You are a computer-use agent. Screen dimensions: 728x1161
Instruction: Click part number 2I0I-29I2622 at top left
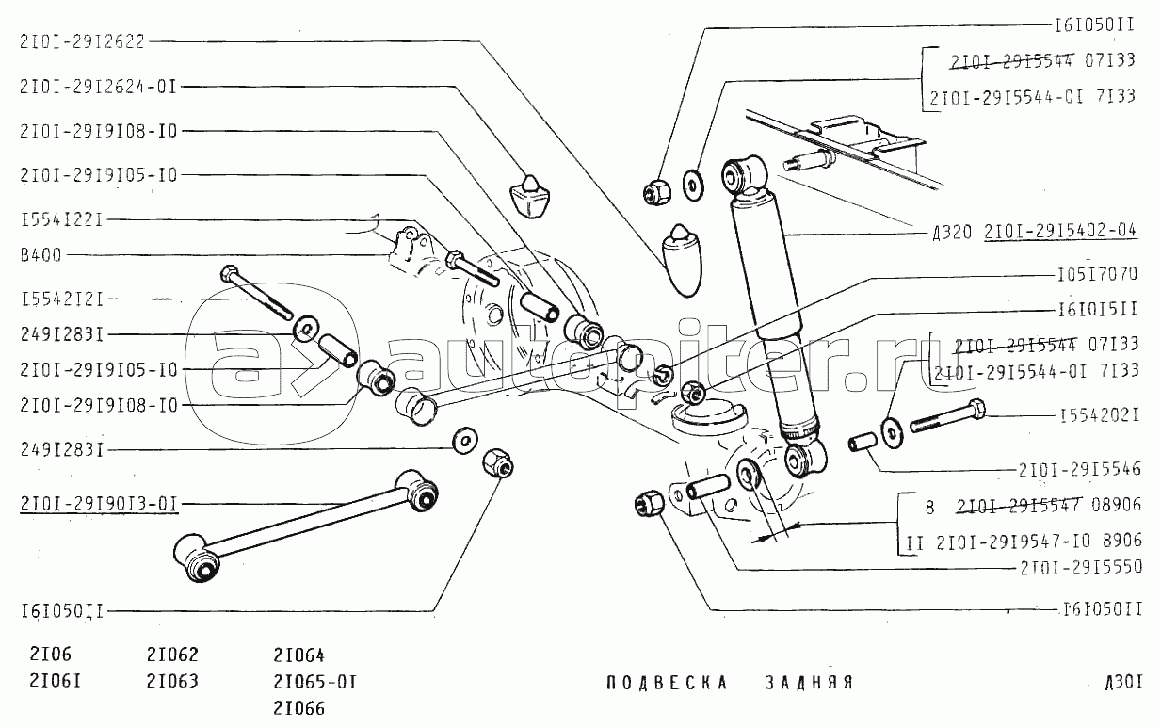(x=81, y=40)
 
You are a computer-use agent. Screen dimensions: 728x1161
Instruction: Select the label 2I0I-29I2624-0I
(x=97, y=86)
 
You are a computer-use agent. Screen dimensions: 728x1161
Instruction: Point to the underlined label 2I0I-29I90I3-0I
(x=97, y=502)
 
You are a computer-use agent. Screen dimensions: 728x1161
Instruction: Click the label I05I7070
(x=1095, y=274)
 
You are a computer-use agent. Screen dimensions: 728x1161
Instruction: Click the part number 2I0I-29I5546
(x=1079, y=468)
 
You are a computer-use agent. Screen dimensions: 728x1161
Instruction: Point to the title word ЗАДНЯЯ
(x=808, y=683)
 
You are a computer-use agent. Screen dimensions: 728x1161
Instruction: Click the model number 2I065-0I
(x=314, y=681)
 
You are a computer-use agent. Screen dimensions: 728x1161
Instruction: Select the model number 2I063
(x=172, y=681)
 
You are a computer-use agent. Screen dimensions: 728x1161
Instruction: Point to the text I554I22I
(x=60, y=219)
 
